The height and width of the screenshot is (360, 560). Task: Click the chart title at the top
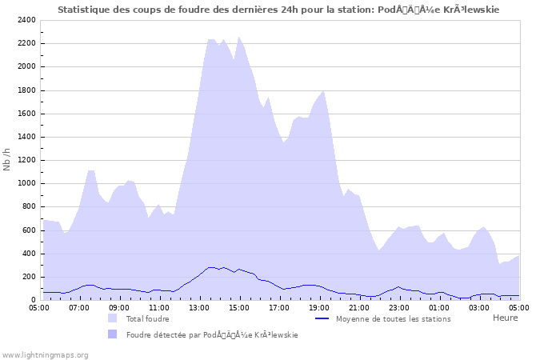pyautogui.click(x=280, y=10)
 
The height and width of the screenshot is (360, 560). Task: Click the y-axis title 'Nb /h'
pyautogui.click(x=7, y=159)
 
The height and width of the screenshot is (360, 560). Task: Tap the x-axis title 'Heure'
pyautogui.click(x=505, y=318)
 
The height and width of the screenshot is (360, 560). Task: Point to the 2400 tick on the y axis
pyautogui.click(x=26, y=20)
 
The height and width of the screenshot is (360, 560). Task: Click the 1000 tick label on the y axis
pyautogui.click(x=26, y=183)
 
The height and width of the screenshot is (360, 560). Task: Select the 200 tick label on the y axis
pyautogui.click(x=29, y=277)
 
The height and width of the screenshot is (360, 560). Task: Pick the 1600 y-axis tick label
pyautogui.click(x=26, y=114)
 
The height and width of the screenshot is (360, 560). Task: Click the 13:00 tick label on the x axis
pyautogui.click(x=199, y=306)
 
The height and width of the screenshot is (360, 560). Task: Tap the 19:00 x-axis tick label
pyautogui.click(x=319, y=306)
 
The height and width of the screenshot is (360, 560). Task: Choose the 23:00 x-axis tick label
pyautogui.click(x=399, y=306)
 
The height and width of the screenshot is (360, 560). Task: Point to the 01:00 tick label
pyautogui.click(x=439, y=306)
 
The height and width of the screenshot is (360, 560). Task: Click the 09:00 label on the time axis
pyautogui.click(x=119, y=306)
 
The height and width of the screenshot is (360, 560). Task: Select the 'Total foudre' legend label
pyautogui.click(x=147, y=318)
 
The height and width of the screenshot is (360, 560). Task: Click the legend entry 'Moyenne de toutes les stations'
pyautogui.click(x=393, y=318)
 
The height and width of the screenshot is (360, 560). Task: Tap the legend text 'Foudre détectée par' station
pyautogui.click(x=212, y=335)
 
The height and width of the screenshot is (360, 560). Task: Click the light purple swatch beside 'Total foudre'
pyautogui.click(x=113, y=318)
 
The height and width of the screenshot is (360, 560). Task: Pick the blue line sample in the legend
pyautogui.click(x=322, y=318)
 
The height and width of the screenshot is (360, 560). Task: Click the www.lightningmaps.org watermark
pyautogui.click(x=46, y=354)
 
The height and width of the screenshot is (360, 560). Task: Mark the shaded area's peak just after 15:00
pyautogui.click(x=238, y=37)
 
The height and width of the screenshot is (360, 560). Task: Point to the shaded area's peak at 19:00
pyautogui.click(x=322, y=90)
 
